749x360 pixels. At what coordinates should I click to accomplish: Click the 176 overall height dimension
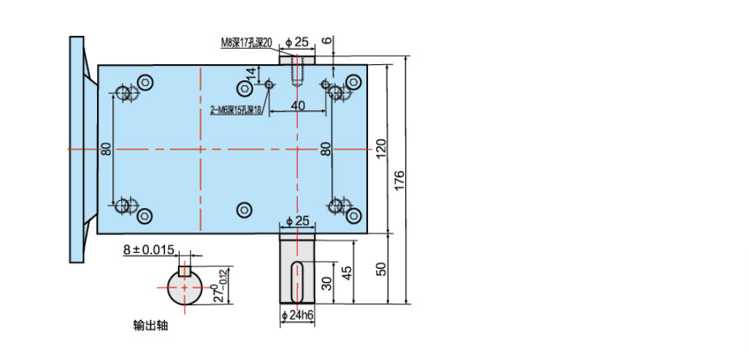[400, 180]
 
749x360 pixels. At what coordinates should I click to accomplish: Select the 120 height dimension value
[381, 150]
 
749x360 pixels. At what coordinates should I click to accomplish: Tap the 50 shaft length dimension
[381, 269]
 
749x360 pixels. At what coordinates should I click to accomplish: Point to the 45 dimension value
[347, 272]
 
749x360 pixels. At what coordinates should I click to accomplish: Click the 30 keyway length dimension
[326, 283]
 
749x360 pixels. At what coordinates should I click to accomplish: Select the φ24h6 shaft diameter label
[298, 315]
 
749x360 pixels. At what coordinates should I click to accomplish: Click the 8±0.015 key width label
[149, 249]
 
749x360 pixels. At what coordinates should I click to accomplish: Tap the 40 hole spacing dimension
[298, 106]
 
